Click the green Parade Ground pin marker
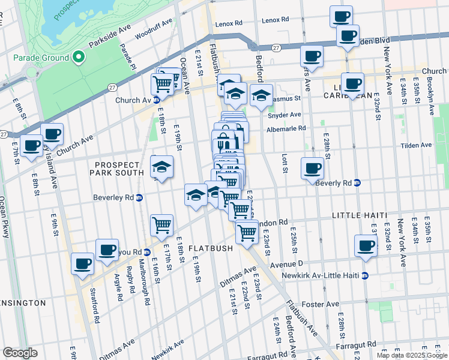coord(78,58)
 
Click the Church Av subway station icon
coord(156,100)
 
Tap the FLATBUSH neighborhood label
coord(207,248)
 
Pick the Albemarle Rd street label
coord(286,128)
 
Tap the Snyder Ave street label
coord(284,115)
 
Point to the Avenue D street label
coord(288,264)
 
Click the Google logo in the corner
coord(20,353)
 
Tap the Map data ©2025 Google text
coord(411,355)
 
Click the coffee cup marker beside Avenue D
coord(366,245)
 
